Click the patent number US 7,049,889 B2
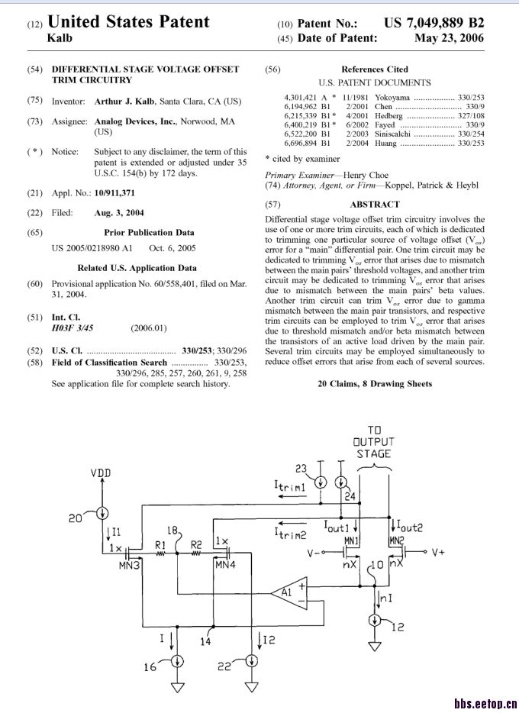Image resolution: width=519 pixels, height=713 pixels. click(x=434, y=24)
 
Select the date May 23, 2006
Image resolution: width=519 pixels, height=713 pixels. click(x=449, y=38)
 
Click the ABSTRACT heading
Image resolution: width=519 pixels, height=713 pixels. click(x=374, y=204)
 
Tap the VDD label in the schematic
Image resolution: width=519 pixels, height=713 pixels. click(x=101, y=473)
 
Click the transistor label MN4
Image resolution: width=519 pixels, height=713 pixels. click(x=227, y=566)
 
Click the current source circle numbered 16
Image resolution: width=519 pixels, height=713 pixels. click(x=177, y=661)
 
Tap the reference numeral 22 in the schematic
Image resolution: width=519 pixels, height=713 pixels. click(x=224, y=667)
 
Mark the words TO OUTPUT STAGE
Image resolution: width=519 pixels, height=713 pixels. click(x=374, y=442)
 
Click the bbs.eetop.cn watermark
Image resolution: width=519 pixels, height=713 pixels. click(x=485, y=704)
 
